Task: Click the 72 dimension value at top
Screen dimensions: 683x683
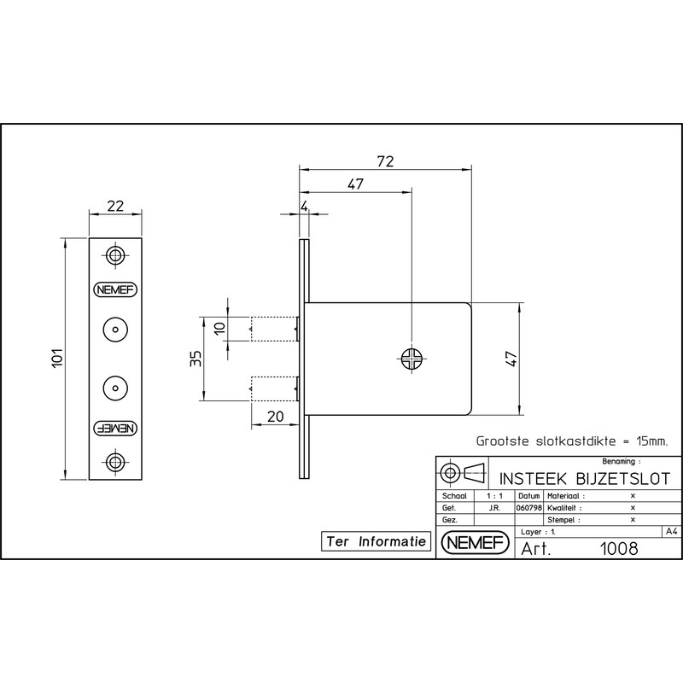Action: pyautogui.click(x=386, y=161)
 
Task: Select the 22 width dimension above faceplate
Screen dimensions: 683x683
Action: pyautogui.click(x=115, y=206)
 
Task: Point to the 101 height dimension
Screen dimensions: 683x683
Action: pyautogui.click(x=57, y=359)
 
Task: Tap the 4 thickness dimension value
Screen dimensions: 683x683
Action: pyautogui.click(x=304, y=206)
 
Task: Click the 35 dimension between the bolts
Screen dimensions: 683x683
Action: pyautogui.click(x=196, y=359)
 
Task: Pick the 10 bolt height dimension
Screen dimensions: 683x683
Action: pyautogui.click(x=220, y=328)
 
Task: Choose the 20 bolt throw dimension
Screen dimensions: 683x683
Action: pyautogui.click(x=275, y=417)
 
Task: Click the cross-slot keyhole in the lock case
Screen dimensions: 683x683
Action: pyautogui.click(x=412, y=359)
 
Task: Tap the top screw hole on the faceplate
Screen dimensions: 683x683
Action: pyautogui.click(x=115, y=254)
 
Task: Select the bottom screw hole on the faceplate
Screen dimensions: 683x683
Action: pyautogui.click(x=115, y=462)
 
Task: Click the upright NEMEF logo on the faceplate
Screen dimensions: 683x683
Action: pyautogui.click(x=115, y=289)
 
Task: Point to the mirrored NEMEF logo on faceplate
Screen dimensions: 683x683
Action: pyautogui.click(x=115, y=429)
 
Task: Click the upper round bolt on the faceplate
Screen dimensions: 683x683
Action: pyautogui.click(x=115, y=330)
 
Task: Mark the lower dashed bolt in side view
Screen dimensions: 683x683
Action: pyautogui.click(x=274, y=388)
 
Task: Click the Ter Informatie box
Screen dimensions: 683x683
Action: pyautogui.click(x=376, y=541)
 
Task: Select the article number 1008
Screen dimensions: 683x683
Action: pyautogui.click(x=618, y=549)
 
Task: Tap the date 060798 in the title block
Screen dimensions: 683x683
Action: pyautogui.click(x=528, y=508)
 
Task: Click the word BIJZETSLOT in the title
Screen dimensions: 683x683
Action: pyautogui.click(x=623, y=479)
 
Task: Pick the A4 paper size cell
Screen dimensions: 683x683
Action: pyautogui.click(x=671, y=531)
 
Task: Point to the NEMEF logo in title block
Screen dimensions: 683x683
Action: pyautogui.click(x=476, y=543)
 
